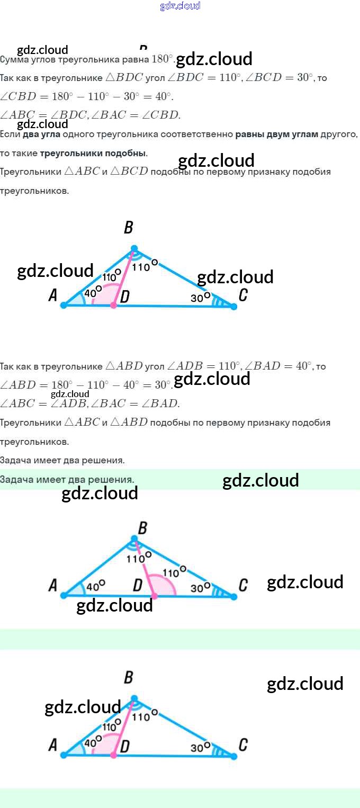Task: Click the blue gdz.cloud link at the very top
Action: (x=180, y=6)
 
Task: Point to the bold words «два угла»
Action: (x=41, y=134)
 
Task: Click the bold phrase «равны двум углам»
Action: (x=277, y=134)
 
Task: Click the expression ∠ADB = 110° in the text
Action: (x=203, y=366)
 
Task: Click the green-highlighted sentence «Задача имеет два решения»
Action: (x=67, y=479)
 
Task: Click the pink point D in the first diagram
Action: (x=113, y=306)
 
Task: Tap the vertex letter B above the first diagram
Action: (x=128, y=228)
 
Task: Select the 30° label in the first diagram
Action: (x=200, y=298)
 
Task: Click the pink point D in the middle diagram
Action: (x=154, y=596)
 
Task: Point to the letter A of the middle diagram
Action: (x=52, y=586)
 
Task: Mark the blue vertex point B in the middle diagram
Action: (x=134, y=540)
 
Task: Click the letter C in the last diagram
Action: (x=243, y=746)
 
